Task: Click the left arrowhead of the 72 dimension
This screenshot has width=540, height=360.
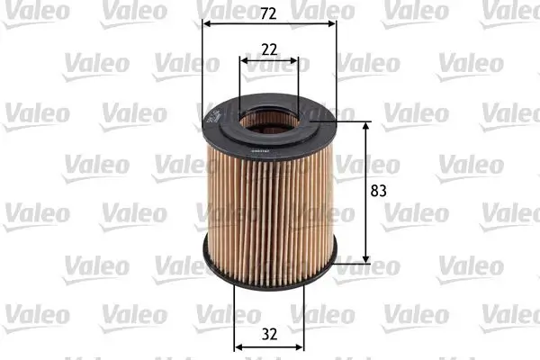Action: click(x=206, y=23)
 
